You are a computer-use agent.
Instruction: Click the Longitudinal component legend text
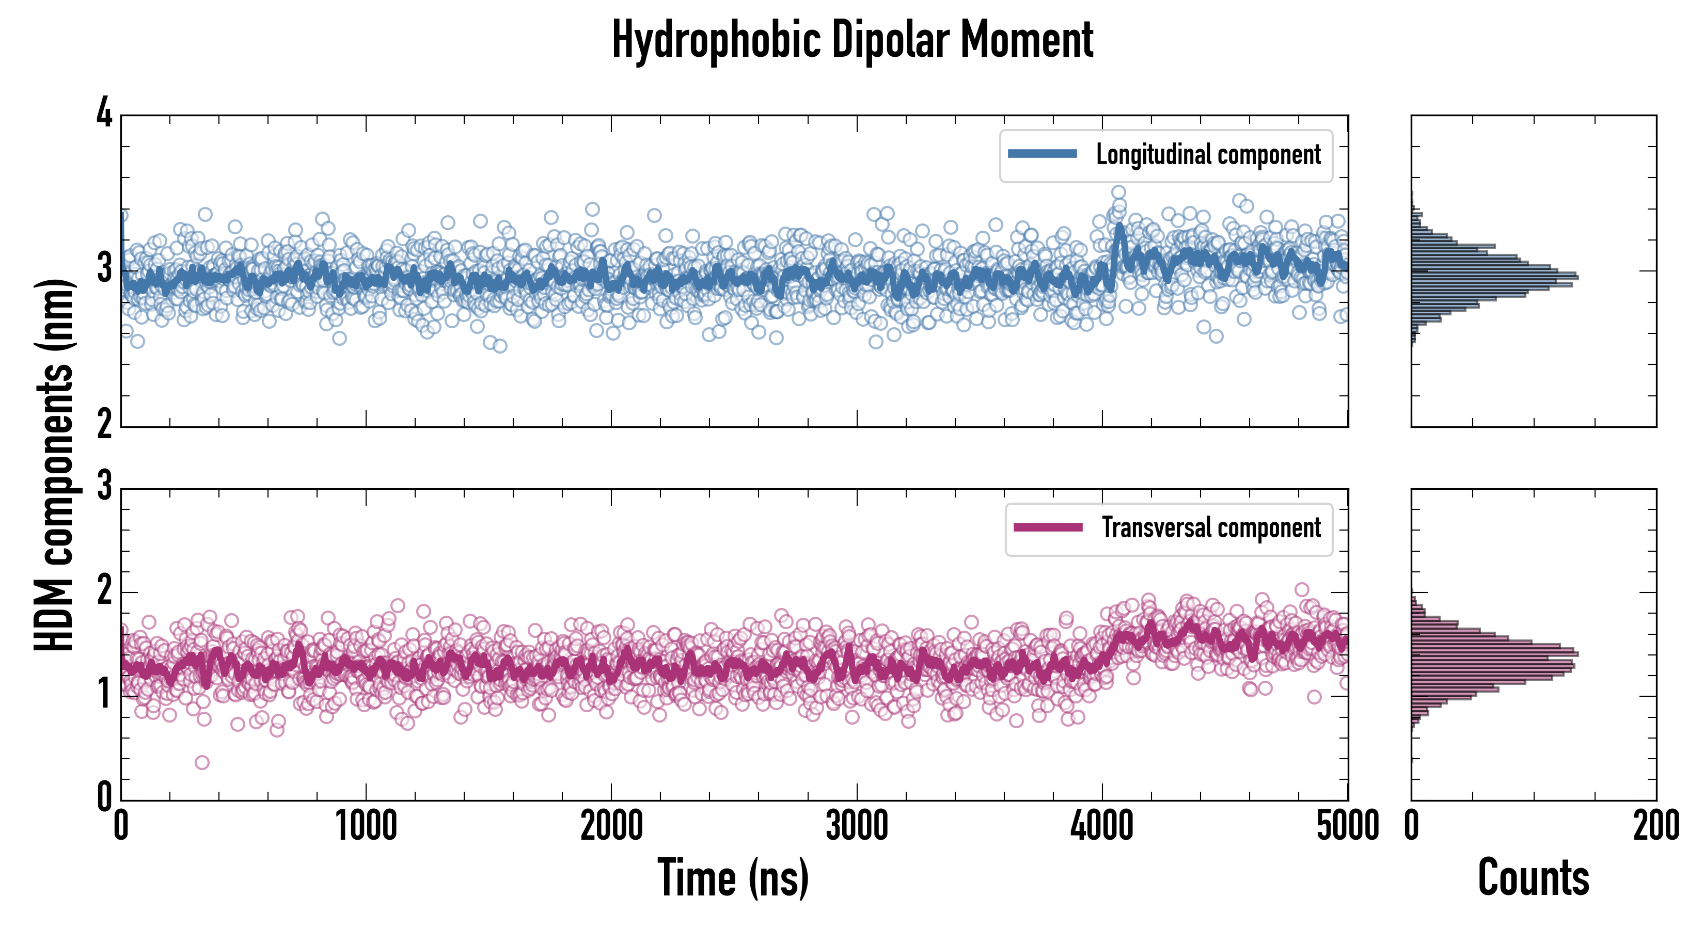click(1208, 155)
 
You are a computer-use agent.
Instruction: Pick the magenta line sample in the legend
click(1048, 527)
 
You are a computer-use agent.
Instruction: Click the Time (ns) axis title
click(733, 877)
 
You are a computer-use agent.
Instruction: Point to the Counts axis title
click(1533, 877)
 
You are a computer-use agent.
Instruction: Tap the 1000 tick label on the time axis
click(366, 826)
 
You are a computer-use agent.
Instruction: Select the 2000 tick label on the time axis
click(611, 826)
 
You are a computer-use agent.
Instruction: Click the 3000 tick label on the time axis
click(857, 826)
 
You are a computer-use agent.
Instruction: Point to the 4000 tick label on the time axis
click(1102, 826)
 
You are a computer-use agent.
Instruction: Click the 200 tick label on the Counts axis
click(1655, 826)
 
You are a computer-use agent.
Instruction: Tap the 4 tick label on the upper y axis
click(104, 114)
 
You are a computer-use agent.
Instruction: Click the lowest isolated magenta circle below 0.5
click(202, 762)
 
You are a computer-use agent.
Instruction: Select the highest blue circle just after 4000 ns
click(1118, 193)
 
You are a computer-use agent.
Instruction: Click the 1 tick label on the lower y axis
click(104, 695)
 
